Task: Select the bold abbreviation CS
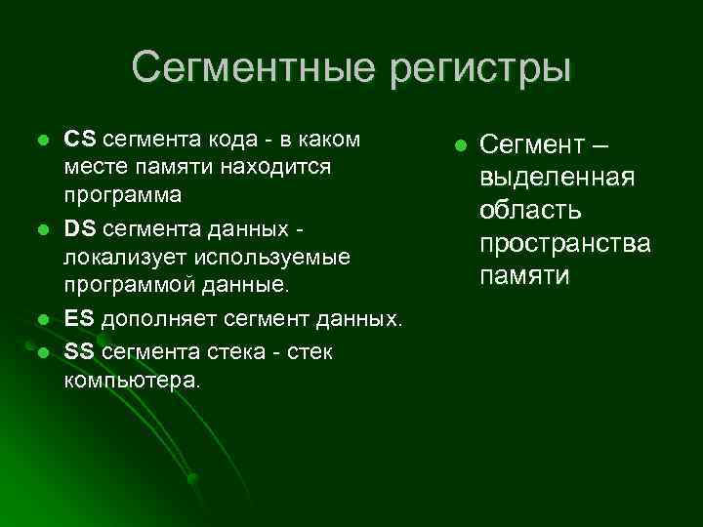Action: (x=80, y=139)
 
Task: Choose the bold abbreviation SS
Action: (x=79, y=349)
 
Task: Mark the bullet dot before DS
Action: (x=41, y=229)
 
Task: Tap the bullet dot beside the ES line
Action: (x=41, y=319)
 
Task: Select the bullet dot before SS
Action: (x=41, y=350)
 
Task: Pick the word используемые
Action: (x=266, y=258)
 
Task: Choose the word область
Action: (x=530, y=211)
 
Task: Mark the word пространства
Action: (x=563, y=244)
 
